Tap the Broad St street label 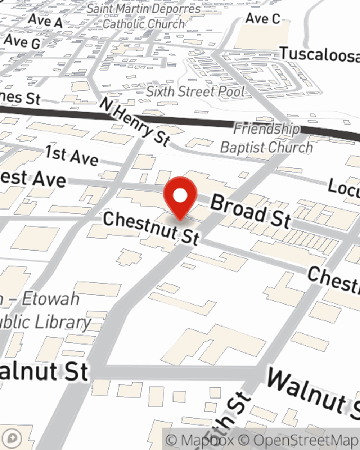click(x=250, y=211)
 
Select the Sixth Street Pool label click(x=195, y=92)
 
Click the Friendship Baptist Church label click(x=266, y=139)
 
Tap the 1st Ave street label click(x=72, y=156)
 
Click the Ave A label click(x=45, y=21)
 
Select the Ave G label click(x=22, y=41)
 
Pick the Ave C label click(x=263, y=18)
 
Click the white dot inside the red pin click(x=180, y=195)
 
